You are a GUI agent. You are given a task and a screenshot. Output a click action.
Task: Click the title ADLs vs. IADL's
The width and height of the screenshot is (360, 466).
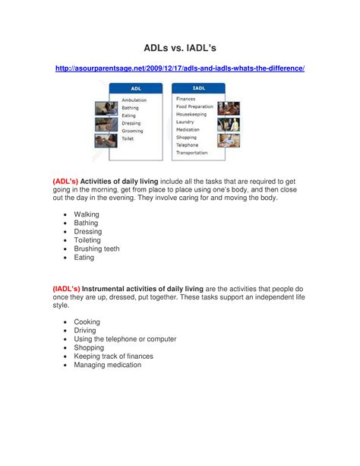(x=180, y=47)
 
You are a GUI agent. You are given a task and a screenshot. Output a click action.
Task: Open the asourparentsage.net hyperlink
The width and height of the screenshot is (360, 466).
(x=180, y=69)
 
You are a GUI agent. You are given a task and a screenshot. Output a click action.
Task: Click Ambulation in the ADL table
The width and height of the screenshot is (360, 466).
(x=134, y=100)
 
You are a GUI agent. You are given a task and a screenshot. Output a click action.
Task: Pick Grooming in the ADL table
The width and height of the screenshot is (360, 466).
(x=133, y=131)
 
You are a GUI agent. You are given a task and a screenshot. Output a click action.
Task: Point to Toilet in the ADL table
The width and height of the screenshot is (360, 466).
(x=128, y=138)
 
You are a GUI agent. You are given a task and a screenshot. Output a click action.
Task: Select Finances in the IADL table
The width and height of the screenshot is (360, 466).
(x=187, y=100)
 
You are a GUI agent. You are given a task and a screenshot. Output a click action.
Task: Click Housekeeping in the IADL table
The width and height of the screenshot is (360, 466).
(x=193, y=114)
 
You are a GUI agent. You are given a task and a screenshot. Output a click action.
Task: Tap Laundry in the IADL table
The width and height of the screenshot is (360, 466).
(x=186, y=122)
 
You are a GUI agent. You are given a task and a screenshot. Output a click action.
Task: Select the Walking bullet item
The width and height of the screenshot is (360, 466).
(x=87, y=214)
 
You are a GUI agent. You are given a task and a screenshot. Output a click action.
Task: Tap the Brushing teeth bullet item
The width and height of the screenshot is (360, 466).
(x=96, y=249)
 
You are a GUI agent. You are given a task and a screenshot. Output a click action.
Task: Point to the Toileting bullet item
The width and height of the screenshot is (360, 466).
(x=89, y=240)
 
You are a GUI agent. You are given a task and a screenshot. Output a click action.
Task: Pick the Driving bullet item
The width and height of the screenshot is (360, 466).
(x=85, y=331)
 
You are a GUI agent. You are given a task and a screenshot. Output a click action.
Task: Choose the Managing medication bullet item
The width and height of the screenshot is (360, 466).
(x=107, y=365)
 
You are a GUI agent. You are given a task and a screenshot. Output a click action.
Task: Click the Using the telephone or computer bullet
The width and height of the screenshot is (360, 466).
(x=125, y=339)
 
